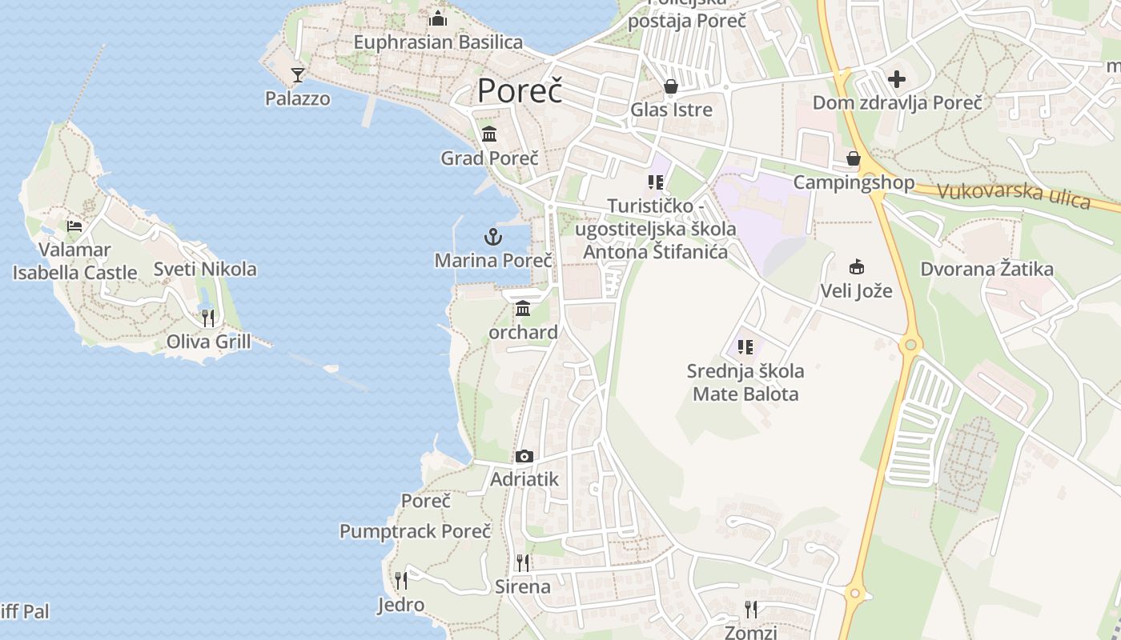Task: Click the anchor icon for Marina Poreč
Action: tap(493, 237)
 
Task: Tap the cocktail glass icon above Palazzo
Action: tap(298, 75)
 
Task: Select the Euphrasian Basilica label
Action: tap(438, 42)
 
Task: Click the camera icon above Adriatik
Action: tap(524, 457)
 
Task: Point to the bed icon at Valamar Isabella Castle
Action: tap(74, 226)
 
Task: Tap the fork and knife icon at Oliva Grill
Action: tap(208, 318)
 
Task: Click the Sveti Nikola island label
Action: tap(205, 269)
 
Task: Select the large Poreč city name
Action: tap(520, 90)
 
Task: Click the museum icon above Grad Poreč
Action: tap(489, 134)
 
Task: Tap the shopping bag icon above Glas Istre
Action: tap(671, 86)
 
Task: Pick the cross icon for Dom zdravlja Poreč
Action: tap(897, 79)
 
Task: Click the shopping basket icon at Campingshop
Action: tap(854, 159)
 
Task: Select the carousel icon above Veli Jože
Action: tap(857, 267)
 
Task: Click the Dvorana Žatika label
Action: tap(986, 270)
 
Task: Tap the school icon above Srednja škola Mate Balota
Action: tap(745, 347)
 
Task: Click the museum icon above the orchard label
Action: tap(523, 309)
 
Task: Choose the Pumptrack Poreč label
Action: tap(415, 531)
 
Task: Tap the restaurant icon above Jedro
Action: tap(401, 580)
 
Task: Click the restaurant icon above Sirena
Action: tap(523, 562)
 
